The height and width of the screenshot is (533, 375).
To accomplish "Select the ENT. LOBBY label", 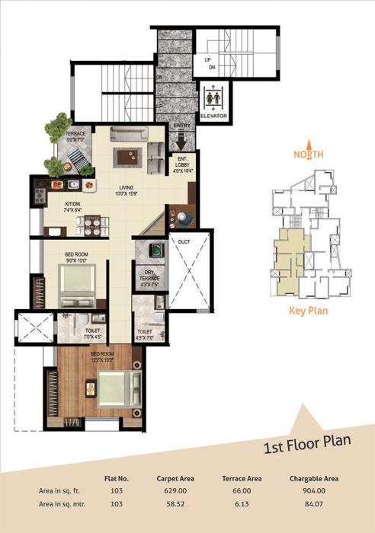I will pos(181,165).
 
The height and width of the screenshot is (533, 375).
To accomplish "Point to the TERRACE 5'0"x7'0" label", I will pos(75,137).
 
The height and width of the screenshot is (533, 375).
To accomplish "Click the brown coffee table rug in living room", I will pos(126,157).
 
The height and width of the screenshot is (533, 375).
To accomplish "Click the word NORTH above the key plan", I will pos(309,154).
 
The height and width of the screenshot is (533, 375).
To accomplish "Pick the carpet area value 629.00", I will pos(175,491).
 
